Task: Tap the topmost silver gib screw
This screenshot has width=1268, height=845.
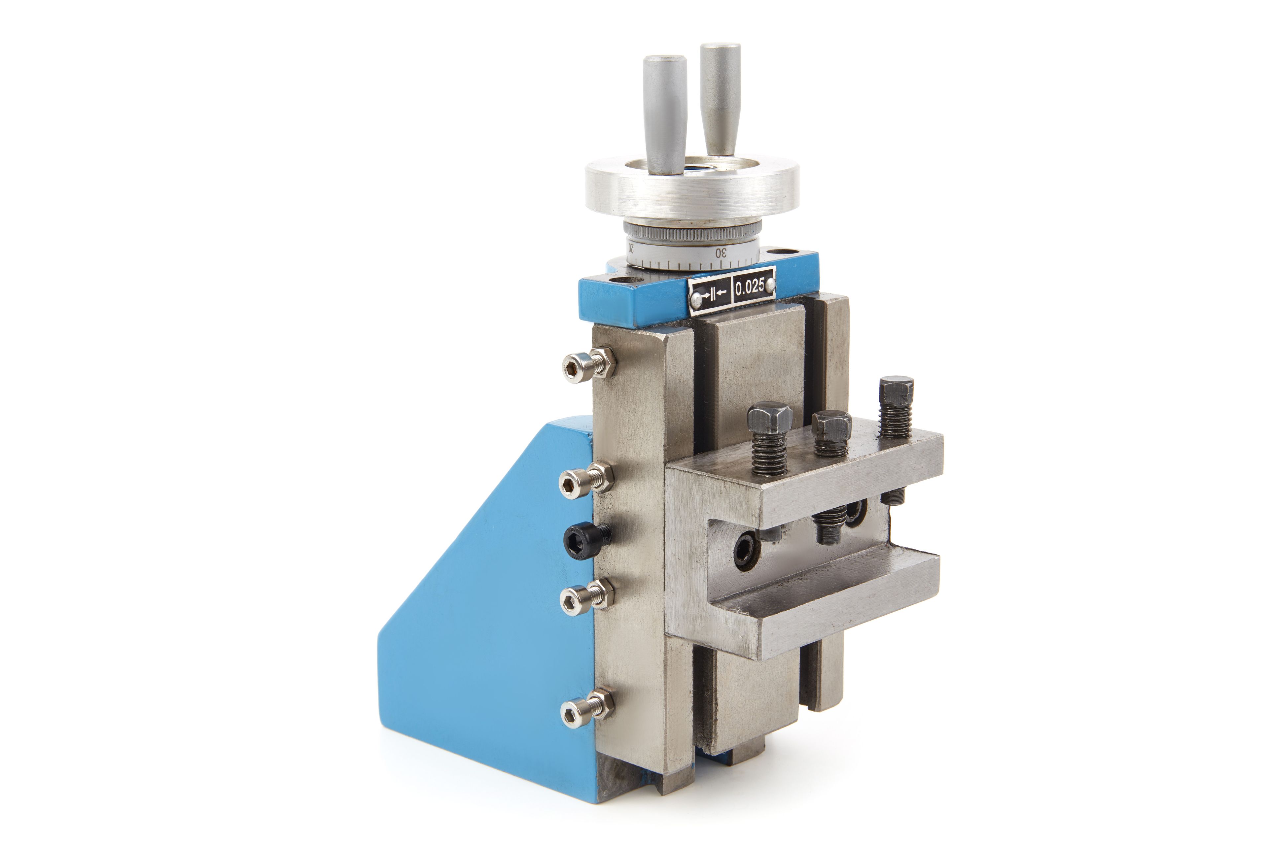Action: click(x=589, y=364)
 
